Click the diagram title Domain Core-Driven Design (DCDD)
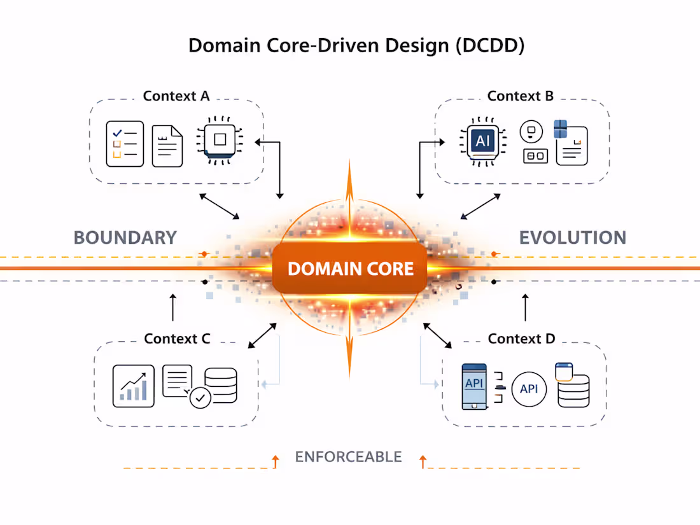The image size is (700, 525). (x=356, y=46)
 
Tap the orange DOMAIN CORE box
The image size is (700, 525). (x=350, y=269)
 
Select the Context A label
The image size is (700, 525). (x=176, y=96)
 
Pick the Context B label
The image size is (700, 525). (x=520, y=96)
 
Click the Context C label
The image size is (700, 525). (x=177, y=339)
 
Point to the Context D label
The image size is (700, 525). (x=521, y=339)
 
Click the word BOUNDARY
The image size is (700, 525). (x=125, y=238)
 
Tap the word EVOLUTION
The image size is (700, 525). (x=572, y=238)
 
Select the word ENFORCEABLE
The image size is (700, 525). (x=348, y=457)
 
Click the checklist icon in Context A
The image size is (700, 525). (x=125, y=144)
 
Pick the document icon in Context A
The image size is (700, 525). (x=167, y=146)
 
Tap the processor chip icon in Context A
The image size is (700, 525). (x=220, y=138)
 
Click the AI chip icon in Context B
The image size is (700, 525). (x=482, y=141)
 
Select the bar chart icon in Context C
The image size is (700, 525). (x=134, y=386)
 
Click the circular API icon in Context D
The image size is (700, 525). (x=529, y=388)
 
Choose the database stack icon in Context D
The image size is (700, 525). (x=572, y=386)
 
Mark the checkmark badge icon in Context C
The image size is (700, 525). (x=200, y=398)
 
